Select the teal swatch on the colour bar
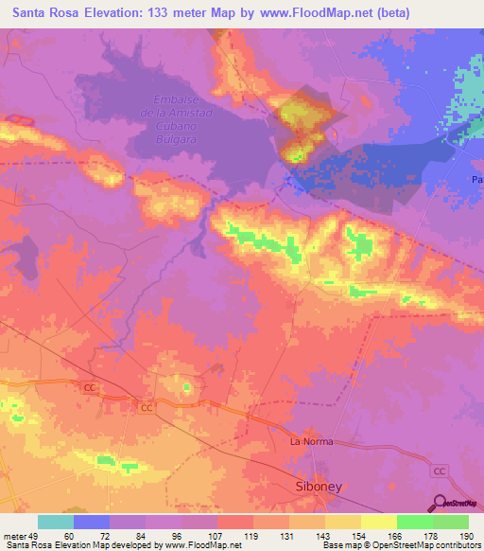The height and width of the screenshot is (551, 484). [56, 522]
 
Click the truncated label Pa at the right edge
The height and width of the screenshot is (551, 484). [477, 179]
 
